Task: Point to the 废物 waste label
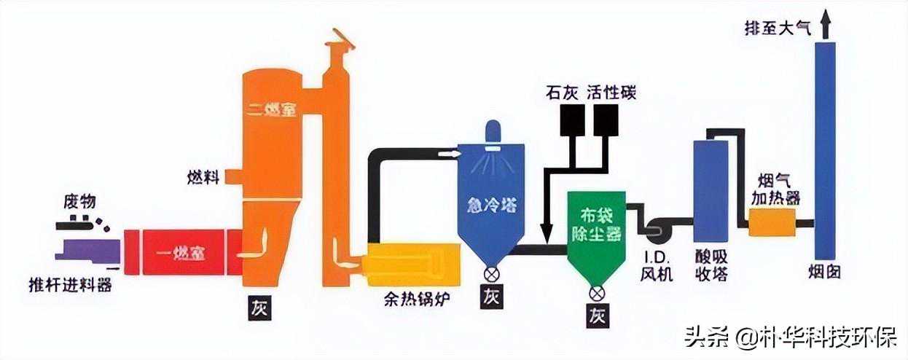[79, 201]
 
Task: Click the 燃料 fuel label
[203, 177]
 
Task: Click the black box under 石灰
[574, 120]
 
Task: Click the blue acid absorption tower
[711, 189]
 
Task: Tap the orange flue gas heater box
[772, 222]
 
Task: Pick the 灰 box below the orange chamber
[259, 308]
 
